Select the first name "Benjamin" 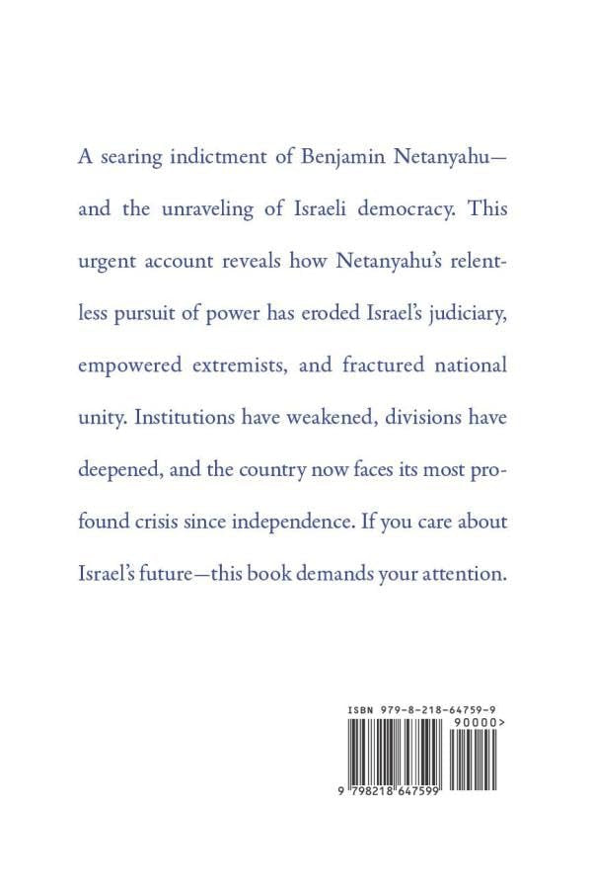point(338,159)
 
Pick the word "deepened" point(119,469)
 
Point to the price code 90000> point(481,723)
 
